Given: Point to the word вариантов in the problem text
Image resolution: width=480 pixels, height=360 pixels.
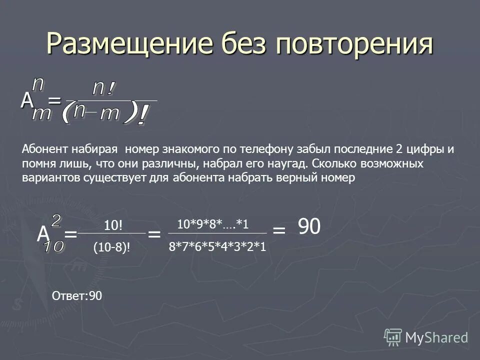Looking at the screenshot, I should click(46, 178).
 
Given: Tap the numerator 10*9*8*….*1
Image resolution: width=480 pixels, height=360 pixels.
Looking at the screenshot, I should click(213, 224).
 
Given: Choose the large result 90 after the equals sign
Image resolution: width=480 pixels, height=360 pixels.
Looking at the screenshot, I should click(309, 227).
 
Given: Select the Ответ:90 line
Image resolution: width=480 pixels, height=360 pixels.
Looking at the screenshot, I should click(77, 296).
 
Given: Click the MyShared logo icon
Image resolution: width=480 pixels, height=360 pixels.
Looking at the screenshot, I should click(393, 336).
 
